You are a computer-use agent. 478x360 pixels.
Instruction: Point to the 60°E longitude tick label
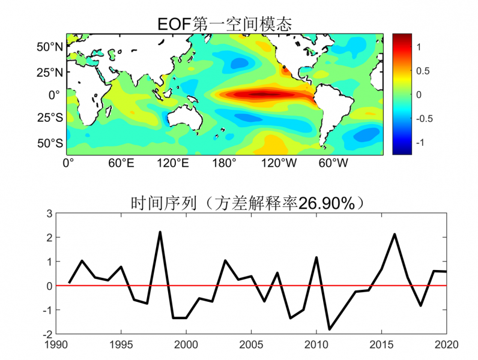coord(121,163)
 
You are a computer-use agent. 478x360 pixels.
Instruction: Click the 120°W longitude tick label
coord(279,163)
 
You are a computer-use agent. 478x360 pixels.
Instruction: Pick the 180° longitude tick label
coord(225,163)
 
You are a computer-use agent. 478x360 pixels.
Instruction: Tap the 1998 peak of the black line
coord(160,232)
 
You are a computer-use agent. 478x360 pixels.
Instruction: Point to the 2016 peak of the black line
coord(395,234)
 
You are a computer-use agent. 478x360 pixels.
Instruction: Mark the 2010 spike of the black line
coord(316,257)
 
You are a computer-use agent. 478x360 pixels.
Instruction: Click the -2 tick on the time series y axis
coord(46,334)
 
